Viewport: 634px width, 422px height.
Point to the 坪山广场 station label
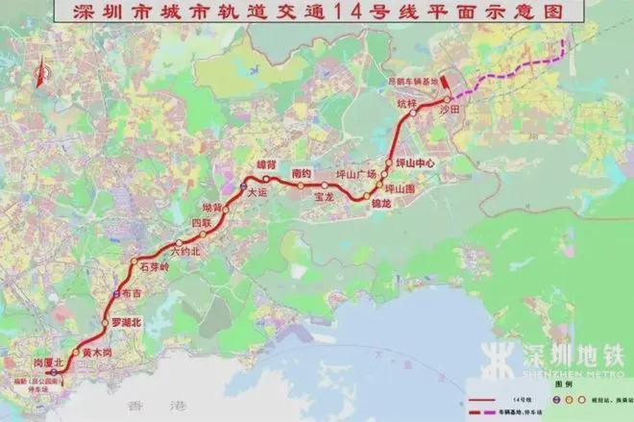click(353, 175)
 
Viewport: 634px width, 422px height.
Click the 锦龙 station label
click(379, 204)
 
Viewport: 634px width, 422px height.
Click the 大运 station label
click(256, 192)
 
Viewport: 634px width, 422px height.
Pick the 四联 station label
click(200, 223)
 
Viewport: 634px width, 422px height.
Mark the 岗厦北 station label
click(46, 362)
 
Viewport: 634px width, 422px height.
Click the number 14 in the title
click(375, 12)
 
